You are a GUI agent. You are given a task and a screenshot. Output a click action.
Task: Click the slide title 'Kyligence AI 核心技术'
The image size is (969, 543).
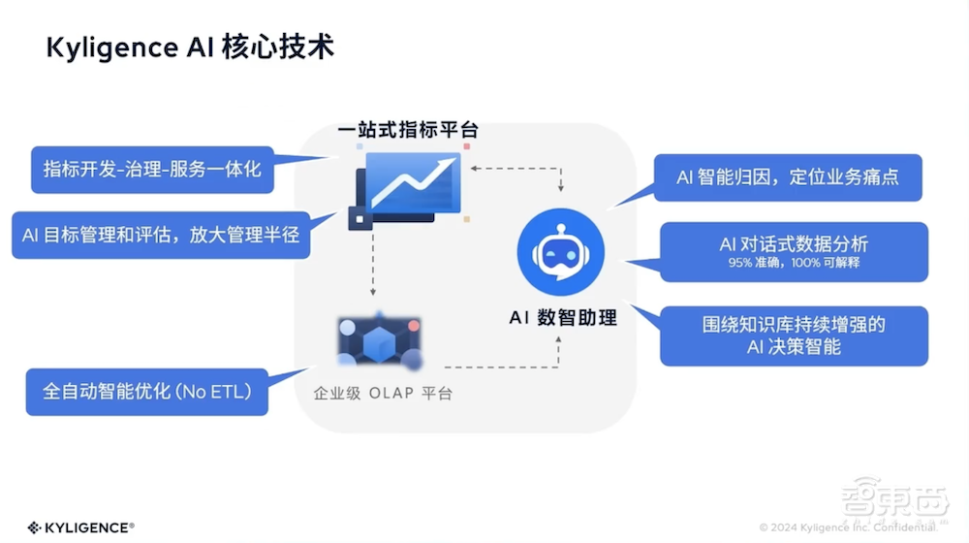coord(190,48)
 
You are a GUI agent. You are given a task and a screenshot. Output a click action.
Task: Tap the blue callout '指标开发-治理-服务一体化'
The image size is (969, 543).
coord(151,169)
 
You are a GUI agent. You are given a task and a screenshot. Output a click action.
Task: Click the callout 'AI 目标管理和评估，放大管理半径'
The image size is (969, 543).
coord(160,235)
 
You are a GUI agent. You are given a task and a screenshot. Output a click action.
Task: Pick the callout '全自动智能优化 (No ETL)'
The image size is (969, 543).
coord(146,392)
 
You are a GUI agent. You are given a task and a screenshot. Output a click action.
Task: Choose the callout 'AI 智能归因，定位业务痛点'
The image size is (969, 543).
coord(787,177)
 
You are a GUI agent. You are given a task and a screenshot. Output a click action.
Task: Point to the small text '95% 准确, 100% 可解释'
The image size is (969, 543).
coord(794,263)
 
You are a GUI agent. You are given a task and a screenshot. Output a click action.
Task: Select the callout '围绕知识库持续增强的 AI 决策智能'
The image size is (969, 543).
coord(794,335)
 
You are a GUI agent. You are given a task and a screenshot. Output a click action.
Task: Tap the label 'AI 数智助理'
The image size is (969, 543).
coord(562,318)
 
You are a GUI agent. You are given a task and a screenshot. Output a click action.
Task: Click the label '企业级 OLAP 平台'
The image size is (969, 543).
coord(382,395)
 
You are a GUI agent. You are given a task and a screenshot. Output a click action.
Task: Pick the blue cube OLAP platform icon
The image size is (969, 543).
coord(379,343)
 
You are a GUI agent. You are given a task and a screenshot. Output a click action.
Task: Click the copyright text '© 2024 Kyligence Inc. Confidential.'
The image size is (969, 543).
coord(847,527)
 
